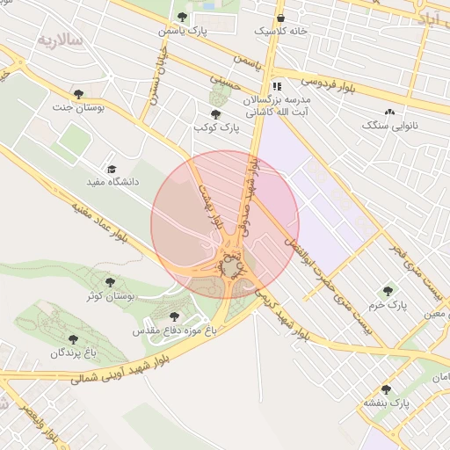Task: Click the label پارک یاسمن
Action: [182, 31]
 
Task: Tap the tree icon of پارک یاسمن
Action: [182, 17]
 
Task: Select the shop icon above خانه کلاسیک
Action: [280, 18]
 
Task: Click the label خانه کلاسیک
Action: [280, 31]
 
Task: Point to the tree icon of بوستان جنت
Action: [78, 94]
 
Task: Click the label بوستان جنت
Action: [78, 107]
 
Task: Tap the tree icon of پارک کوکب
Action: [215, 114]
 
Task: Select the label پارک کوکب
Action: [215, 128]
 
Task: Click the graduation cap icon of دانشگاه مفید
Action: [112, 169]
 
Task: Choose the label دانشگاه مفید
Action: [112, 182]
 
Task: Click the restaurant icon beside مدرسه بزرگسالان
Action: [277, 87]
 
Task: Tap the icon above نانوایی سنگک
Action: [389, 112]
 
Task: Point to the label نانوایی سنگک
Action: [389, 126]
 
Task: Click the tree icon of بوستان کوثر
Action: [109, 282]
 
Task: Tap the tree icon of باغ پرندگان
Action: [72, 338]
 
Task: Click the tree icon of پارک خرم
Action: [388, 291]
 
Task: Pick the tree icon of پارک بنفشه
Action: [387, 389]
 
